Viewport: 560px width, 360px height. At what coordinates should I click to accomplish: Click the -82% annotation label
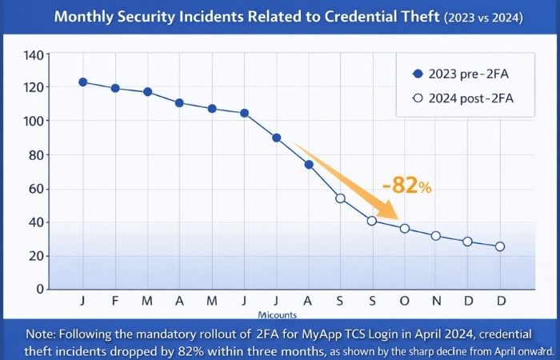tap(406, 186)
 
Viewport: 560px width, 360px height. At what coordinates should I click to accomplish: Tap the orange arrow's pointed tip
tap(398, 219)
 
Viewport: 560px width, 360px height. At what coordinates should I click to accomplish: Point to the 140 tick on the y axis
tap(37, 54)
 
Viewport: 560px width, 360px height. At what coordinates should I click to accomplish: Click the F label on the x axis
tap(115, 302)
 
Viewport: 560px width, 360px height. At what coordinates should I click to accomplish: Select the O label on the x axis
tap(404, 302)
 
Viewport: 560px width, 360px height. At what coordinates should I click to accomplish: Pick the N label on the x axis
tap(436, 302)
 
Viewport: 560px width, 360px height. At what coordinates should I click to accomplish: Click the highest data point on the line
tap(83, 82)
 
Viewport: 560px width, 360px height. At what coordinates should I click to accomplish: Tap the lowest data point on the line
tap(500, 246)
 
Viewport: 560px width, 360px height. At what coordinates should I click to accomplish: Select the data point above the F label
tap(115, 88)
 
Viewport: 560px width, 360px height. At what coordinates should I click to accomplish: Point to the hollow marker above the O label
tap(405, 228)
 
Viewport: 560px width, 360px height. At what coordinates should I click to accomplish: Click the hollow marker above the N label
tap(436, 236)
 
